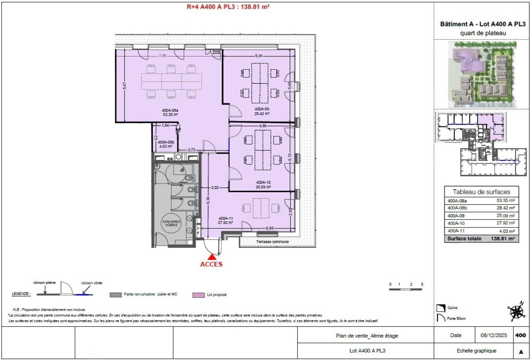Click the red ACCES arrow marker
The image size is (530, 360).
click(x=212, y=257)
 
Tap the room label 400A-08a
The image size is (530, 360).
click(x=170, y=110)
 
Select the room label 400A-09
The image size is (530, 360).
click(x=262, y=110)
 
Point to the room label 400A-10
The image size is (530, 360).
click(x=263, y=182)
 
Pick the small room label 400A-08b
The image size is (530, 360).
click(x=166, y=142)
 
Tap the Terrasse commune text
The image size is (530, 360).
click(x=272, y=242)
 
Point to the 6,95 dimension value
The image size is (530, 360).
click(x=270, y=228)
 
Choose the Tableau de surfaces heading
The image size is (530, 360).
click(x=481, y=192)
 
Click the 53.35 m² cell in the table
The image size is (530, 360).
click(x=506, y=201)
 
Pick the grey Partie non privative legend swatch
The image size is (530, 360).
click(x=115, y=295)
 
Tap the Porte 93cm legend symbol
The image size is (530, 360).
click(x=441, y=318)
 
